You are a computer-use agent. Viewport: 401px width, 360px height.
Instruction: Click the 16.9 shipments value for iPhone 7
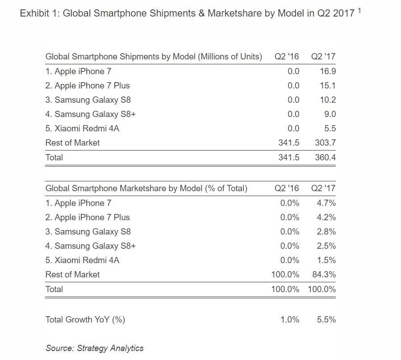pos(328,71)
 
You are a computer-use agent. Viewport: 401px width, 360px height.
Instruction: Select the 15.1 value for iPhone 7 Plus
pos(328,85)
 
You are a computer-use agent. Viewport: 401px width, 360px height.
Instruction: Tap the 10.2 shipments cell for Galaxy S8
pos(328,100)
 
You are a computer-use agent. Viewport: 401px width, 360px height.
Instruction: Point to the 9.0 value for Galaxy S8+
pos(330,114)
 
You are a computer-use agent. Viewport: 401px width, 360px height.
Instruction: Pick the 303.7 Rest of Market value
pos(325,142)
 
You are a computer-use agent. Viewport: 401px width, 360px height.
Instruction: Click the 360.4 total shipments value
pos(325,157)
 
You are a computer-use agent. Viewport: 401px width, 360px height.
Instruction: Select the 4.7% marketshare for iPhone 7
pos(326,203)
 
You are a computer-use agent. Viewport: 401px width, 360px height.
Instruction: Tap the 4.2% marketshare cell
pos(326,217)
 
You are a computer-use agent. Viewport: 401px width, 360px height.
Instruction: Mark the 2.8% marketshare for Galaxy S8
pos(326,231)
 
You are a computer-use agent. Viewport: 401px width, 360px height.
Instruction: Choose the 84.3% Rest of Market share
pos(324,274)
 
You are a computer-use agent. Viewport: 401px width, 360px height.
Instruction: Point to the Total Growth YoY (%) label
pos(85,319)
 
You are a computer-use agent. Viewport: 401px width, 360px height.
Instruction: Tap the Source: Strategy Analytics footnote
pos(95,348)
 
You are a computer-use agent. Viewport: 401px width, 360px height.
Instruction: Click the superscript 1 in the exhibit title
pos(359,10)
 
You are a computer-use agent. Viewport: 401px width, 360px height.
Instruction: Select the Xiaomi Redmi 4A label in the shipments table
pos(82,128)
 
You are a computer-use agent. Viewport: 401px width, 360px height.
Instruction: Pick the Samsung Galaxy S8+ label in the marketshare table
pos(90,246)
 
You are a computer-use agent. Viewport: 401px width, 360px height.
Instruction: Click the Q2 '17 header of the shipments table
pos(323,56)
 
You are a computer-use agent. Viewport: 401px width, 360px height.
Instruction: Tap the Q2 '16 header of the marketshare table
pos(287,188)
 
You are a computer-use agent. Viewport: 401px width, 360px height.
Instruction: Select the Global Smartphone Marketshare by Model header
pos(146,188)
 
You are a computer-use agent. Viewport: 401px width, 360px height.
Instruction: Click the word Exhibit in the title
pos(35,13)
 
